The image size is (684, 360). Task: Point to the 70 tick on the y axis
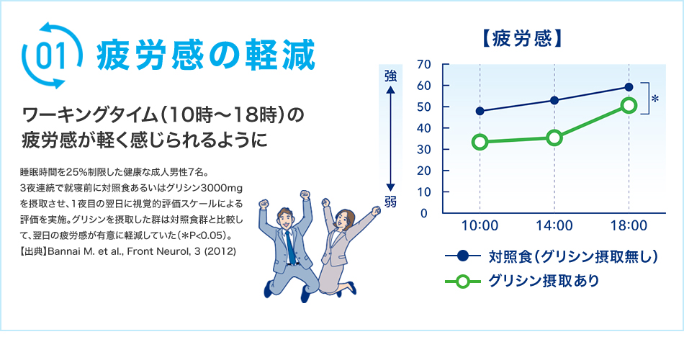(423, 65)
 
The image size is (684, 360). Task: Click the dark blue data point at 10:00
(480, 111)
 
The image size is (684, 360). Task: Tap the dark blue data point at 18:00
(629, 87)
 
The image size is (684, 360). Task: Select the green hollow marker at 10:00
(480, 142)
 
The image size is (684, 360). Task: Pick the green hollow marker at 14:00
(554, 138)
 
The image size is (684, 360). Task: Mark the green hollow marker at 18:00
(629, 106)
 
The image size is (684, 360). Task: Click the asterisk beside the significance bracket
(655, 99)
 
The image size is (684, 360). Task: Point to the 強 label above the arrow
(390, 75)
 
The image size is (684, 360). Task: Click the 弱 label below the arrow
(390, 202)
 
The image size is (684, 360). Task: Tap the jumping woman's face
(345, 220)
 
